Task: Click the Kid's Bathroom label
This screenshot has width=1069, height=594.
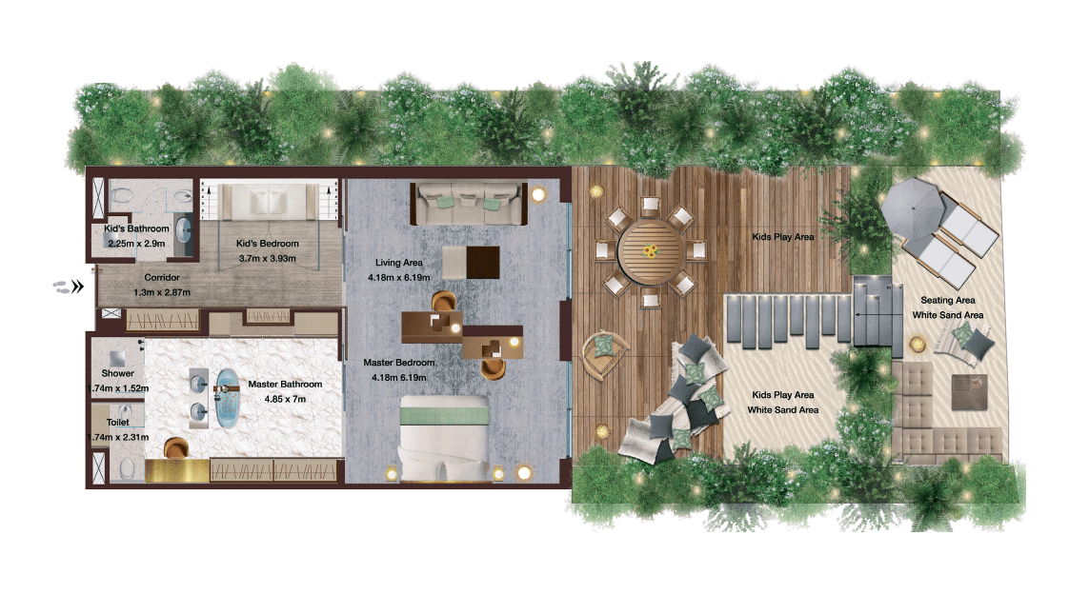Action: click(x=136, y=228)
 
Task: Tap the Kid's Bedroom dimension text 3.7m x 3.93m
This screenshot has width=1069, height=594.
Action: click(x=267, y=258)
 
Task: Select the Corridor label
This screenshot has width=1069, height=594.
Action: click(x=162, y=277)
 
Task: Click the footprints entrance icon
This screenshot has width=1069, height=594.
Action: click(x=69, y=287)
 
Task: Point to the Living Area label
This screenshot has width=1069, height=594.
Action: click(x=399, y=263)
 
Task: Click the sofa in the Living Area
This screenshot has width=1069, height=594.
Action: click(x=469, y=203)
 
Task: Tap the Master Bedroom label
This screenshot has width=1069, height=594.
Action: click(x=399, y=363)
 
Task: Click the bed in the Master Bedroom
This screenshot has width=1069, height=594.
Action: click(x=445, y=439)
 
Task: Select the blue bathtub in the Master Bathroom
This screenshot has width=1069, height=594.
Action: click(x=228, y=399)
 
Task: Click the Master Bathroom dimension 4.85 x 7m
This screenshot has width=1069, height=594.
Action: click(x=285, y=399)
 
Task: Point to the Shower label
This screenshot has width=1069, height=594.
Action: click(x=117, y=373)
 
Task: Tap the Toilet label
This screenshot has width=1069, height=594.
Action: click(x=117, y=423)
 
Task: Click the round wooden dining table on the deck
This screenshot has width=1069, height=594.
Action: click(x=650, y=251)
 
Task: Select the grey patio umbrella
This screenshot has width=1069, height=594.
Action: click(x=912, y=207)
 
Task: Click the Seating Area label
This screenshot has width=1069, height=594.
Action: click(x=948, y=300)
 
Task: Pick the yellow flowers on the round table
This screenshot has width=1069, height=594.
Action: click(x=651, y=251)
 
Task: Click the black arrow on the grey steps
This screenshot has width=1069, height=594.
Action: click(x=872, y=315)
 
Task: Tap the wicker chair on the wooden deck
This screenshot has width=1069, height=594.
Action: click(x=603, y=352)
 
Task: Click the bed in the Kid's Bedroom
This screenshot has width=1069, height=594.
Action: click(x=267, y=202)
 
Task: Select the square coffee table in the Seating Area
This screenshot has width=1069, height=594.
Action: click(x=969, y=391)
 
